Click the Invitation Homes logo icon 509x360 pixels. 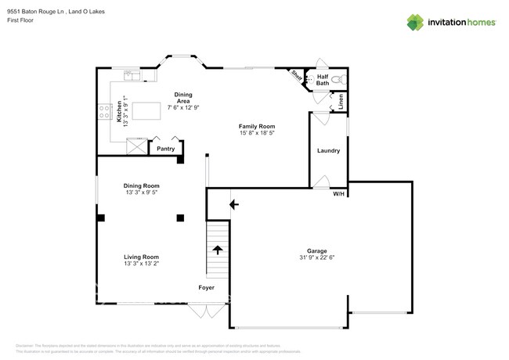coord(415,23)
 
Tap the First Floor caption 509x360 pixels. coord(20,20)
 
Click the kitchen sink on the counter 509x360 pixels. coord(132,76)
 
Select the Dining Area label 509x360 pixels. coord(183,99)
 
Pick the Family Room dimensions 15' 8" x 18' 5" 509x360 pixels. coord(257,133)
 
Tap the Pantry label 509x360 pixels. coord(165,148)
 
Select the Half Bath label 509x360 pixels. coord(322,80)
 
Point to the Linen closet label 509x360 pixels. coord(341,103)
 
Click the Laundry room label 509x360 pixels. coord(328,150)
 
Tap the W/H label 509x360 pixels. coord(338,193)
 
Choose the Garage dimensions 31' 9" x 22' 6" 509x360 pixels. coord(317,257)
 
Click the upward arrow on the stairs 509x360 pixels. coord(217,251)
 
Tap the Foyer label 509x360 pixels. coord(206,288)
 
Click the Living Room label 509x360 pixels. coord(141,257)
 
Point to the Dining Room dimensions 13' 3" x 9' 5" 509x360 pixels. coord(141,192)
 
